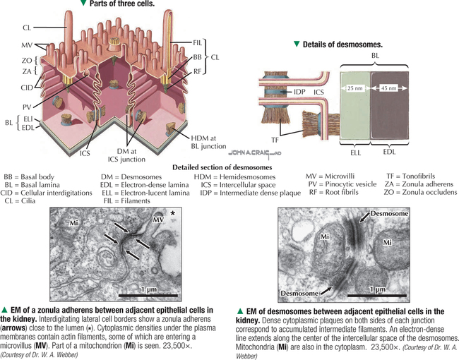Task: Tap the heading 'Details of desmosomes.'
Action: click(342, 44)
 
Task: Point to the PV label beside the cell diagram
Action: click(27, 105)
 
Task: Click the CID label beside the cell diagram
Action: click(25, 88)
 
